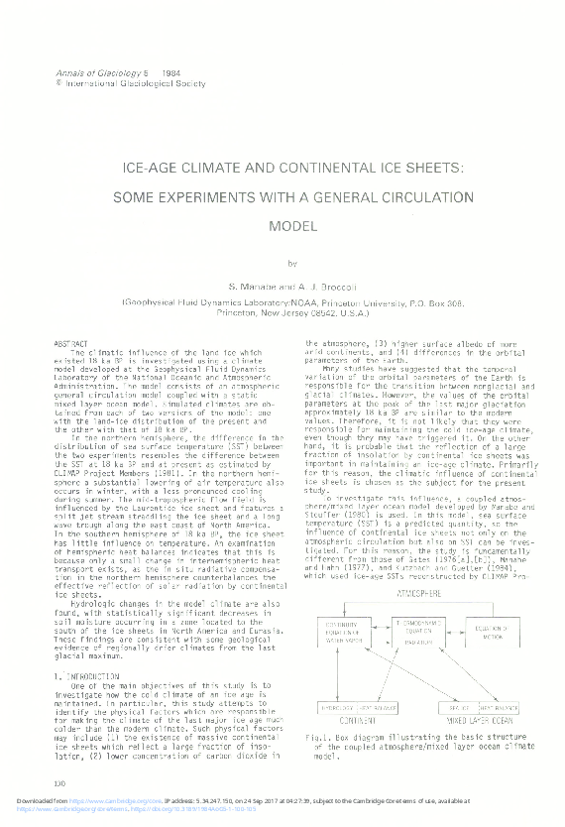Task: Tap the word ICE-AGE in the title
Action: coord(153,169)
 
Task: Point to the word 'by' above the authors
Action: coord(290,264)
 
